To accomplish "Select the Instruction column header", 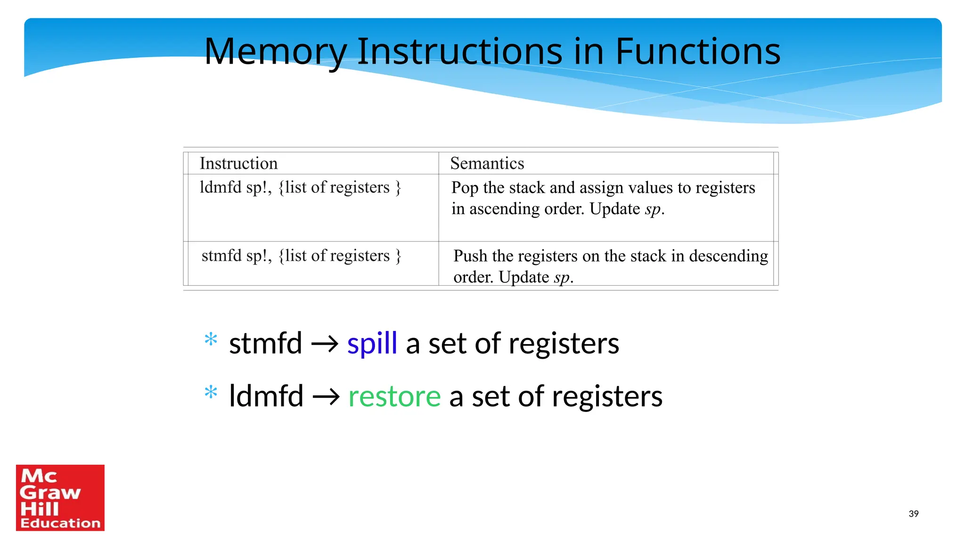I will (238, 163).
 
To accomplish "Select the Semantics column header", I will (487, 163).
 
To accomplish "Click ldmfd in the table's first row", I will (220, 187).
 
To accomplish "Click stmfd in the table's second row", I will (221, 255).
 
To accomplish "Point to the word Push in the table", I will (470, 256).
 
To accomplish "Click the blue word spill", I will (372, 343).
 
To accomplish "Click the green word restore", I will (394, 396).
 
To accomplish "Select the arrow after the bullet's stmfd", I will (325, 344).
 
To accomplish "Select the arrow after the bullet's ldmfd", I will (326, 397).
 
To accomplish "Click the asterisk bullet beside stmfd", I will (211, 339).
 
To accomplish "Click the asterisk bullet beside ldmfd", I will (211, 392).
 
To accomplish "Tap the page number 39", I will (913, 514).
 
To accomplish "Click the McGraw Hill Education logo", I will (60, 497).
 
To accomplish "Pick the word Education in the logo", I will (60, 523).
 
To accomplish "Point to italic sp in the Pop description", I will (653, 209).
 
